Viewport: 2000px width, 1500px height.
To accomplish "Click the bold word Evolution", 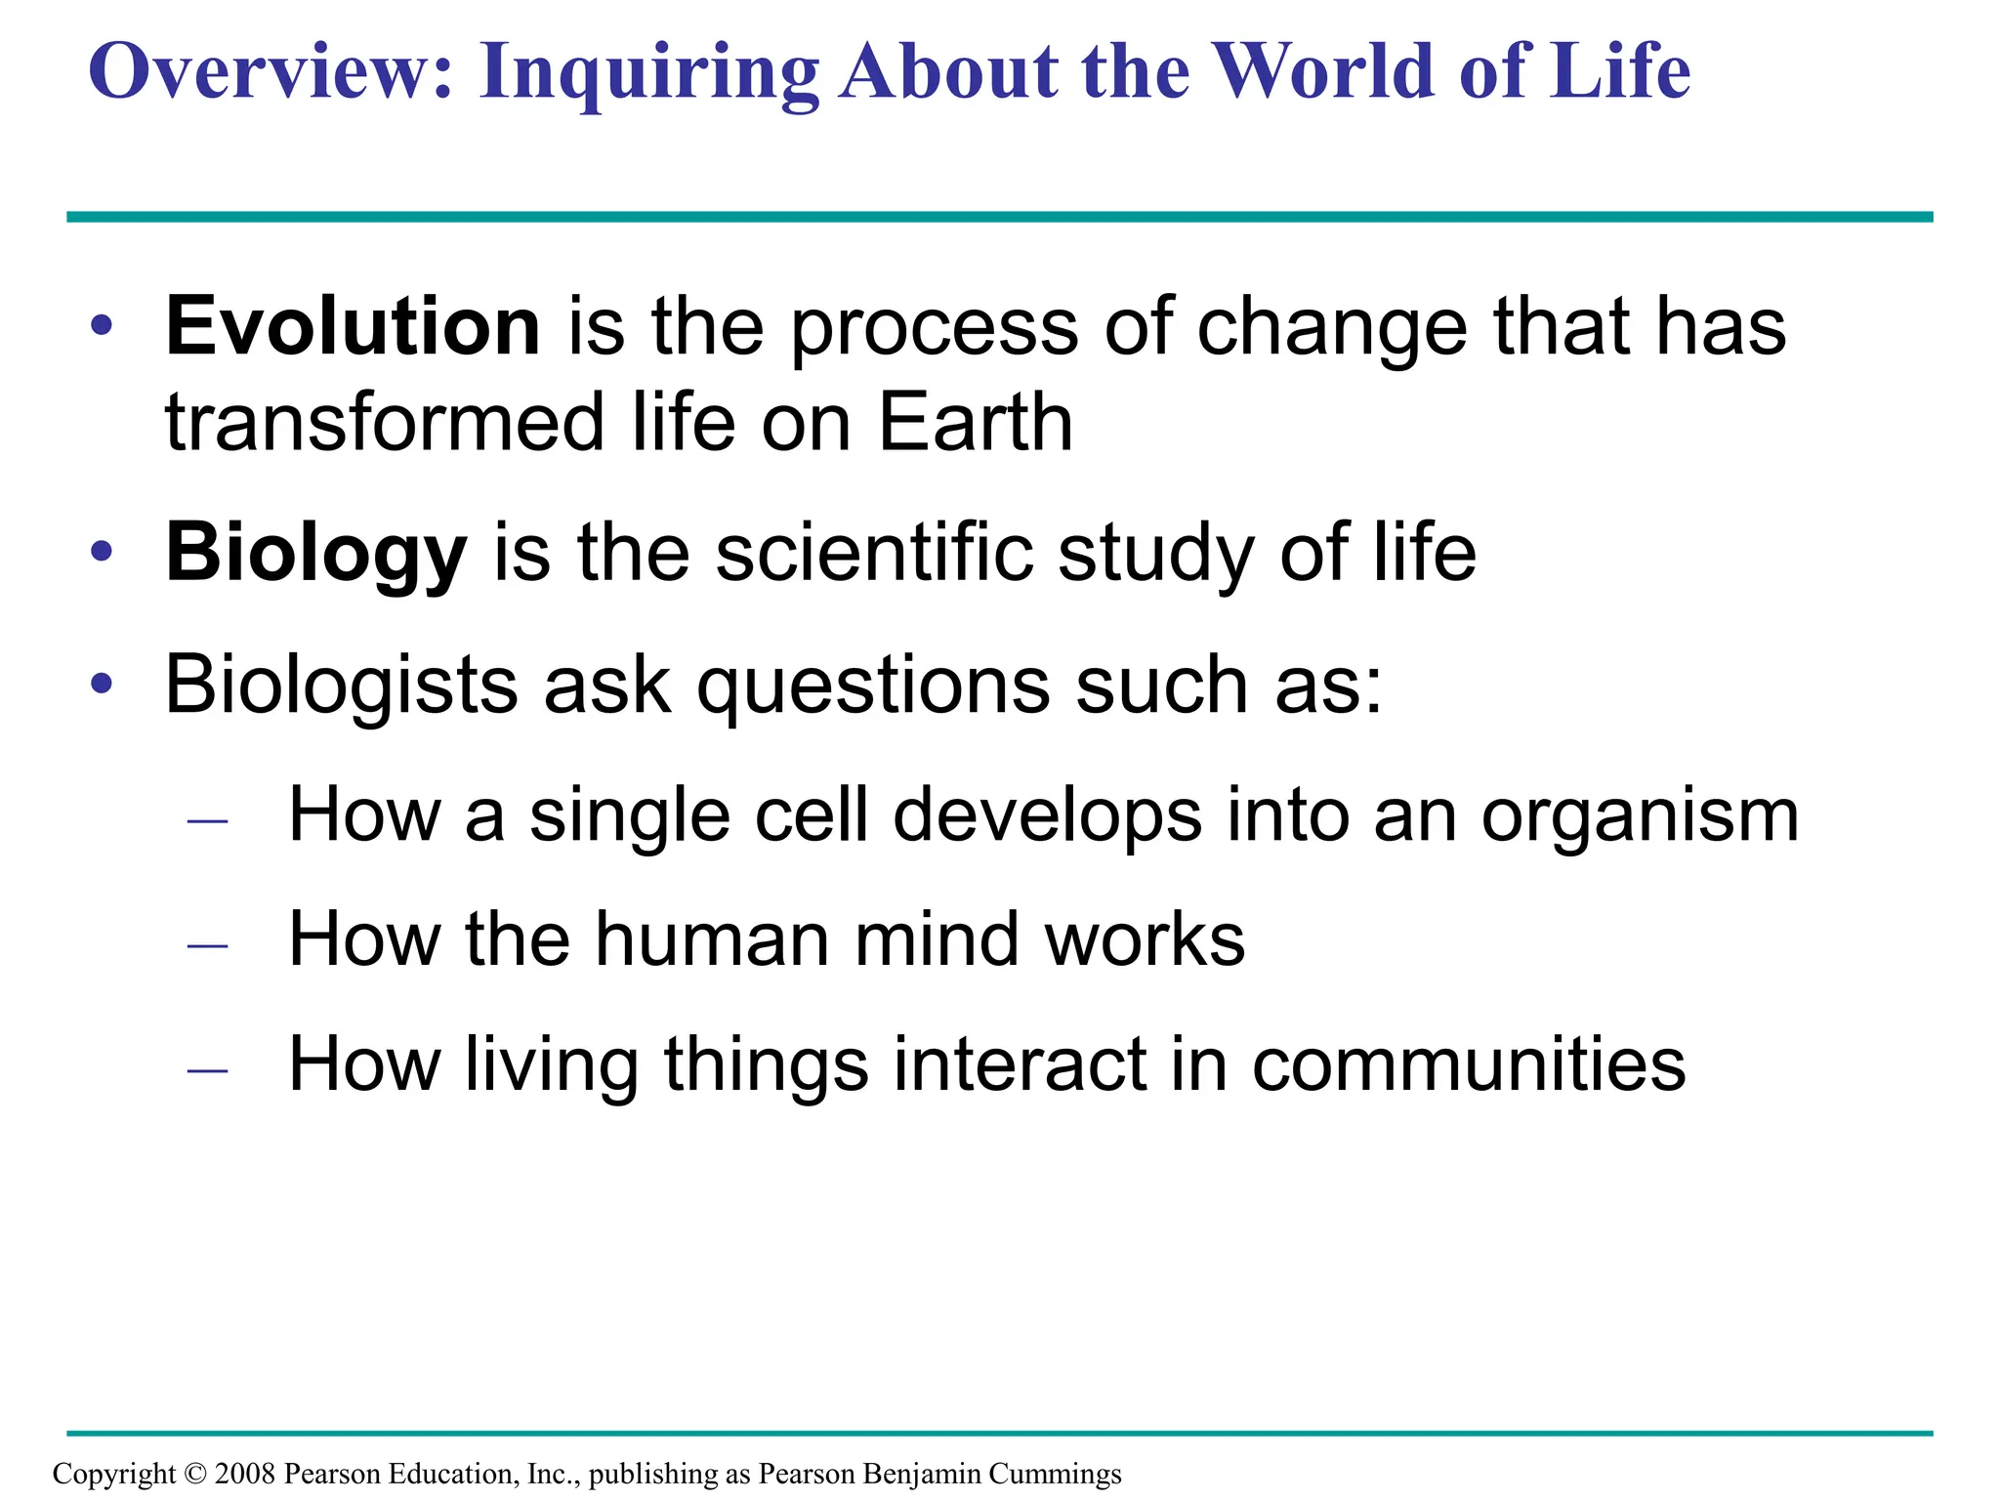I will tap(353, 326).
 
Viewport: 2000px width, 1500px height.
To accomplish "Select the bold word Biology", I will tap(315, 554).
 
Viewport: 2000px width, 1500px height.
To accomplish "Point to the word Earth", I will tap(976, 423).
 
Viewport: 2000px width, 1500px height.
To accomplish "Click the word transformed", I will tap(385, 423).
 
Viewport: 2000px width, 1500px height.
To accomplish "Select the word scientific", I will tap(874, 554).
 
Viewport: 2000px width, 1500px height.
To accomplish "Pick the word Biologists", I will tap(342, 686).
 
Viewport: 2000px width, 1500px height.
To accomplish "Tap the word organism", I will tap(1640, 816).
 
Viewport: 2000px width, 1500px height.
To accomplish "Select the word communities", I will tap(1469, 1064).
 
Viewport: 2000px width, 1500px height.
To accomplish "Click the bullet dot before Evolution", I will tap(102, 325).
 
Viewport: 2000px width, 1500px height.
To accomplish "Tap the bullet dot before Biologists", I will tap(102, 684).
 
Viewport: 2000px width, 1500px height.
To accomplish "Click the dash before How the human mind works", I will tap(207, 945).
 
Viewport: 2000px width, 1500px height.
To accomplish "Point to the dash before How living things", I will tap(207, 1070).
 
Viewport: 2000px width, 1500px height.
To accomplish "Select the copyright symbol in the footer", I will tap(195, 1474).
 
